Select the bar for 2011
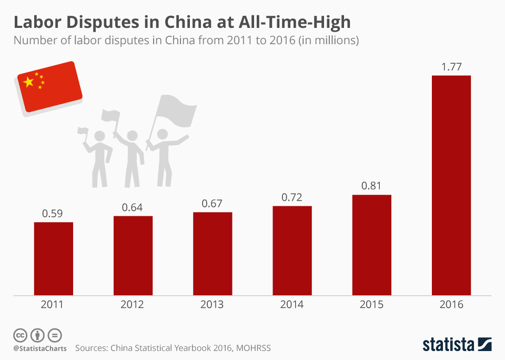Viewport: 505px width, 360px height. [54, 258]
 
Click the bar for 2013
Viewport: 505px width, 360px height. [213, 253]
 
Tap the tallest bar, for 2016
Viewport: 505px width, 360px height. [451, 185]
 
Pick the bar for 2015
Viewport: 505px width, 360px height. [372, 245]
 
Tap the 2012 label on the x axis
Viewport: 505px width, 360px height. [133, 305]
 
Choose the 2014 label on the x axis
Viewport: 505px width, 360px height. [292, 305]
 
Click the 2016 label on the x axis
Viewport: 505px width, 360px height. [451, 305]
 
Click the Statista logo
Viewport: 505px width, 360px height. [457, 345]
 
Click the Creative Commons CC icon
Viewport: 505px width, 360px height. [21, 335]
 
